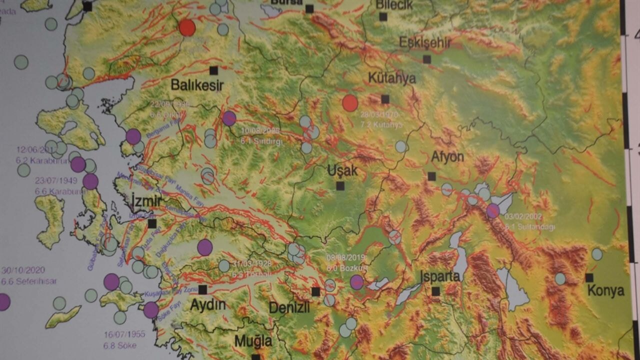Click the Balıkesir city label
coord(197,85)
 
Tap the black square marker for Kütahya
coord(385,99)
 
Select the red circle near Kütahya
coord(350,103)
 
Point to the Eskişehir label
coord(425,42)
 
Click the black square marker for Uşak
coord(340,186)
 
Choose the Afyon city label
coord(447,157)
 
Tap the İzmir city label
coord(146,201)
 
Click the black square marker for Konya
coord(589,277)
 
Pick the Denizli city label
coord(289,307)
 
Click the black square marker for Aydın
coord(202,289)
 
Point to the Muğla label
coord(253,341)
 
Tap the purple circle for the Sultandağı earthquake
coord(493,210)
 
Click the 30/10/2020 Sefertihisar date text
coord(23,270)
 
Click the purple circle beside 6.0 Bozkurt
coord(356,282)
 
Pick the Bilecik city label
coord(394,5)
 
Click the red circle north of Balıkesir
coord(187,27)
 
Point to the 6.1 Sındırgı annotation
coord(261,141)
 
